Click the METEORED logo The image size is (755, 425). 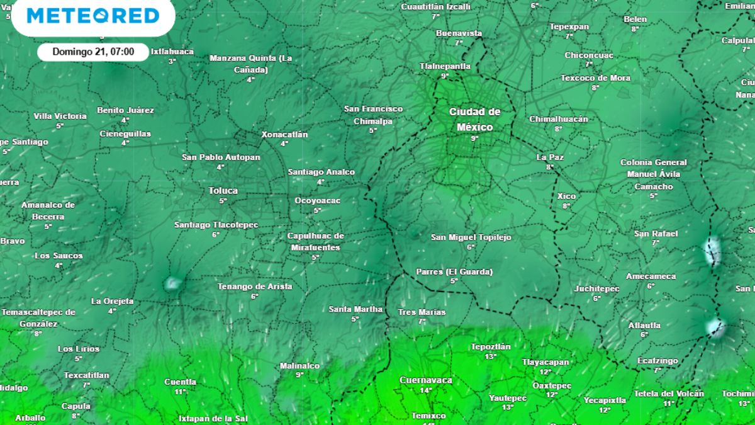(x=92, y=16)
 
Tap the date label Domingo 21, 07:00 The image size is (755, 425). (x=93, y=52)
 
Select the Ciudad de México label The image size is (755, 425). (x=474, y=119)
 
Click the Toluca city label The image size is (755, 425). (x=223, y=190)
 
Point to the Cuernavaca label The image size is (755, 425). (x=426, y=380)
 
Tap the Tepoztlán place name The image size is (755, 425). (x=491, y=346)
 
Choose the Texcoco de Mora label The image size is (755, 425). (x=595, y=78)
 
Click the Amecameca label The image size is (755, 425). (x=651, y=276)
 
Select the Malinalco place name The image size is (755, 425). (x=299, y=366)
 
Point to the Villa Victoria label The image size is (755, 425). (x=60, y=116)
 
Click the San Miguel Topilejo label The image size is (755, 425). (x=471, y=237)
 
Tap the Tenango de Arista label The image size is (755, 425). (x=255, y=286)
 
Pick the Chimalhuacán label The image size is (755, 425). (x=558, y=119)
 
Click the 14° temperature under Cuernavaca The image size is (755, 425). (x=426, y=390)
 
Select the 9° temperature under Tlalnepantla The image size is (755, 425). (x=445, y=76)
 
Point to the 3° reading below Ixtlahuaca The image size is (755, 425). (x=172, y=61)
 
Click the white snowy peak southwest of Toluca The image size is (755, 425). (x=172, y=283)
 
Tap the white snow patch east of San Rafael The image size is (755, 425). (x=713, y=251)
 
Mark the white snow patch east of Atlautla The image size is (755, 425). (x=715, y=327)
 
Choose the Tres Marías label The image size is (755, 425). (x=422, y=312)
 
